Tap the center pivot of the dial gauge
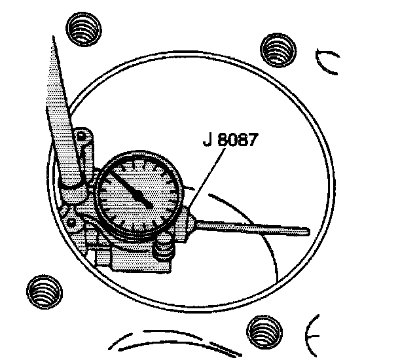151,206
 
